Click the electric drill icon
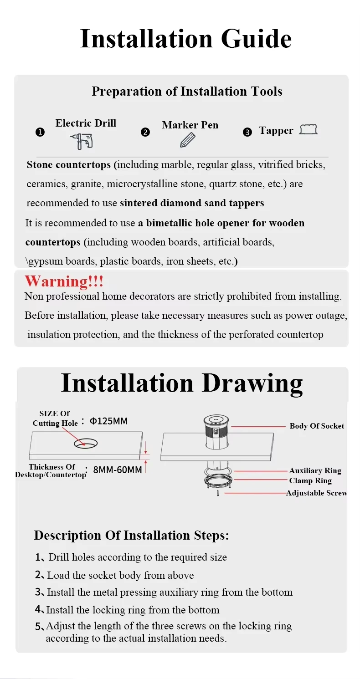coord(82,141)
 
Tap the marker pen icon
coord(187,140)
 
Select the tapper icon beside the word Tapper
coord(308,130)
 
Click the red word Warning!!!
coord(64,281)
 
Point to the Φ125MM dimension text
coord(108,421)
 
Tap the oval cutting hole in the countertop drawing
coord(86,443)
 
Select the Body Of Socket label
coord(317,426)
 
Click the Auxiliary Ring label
coord(315,470)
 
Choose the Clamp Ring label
coord(310,480)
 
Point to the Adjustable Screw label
coord(317,493)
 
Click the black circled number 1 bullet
coord(40,133)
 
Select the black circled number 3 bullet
coord(247,133)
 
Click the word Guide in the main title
coord(256,39)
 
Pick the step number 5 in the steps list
coord(39,626)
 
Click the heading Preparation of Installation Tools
coord(187,91)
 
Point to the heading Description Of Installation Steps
coord(131,535)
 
